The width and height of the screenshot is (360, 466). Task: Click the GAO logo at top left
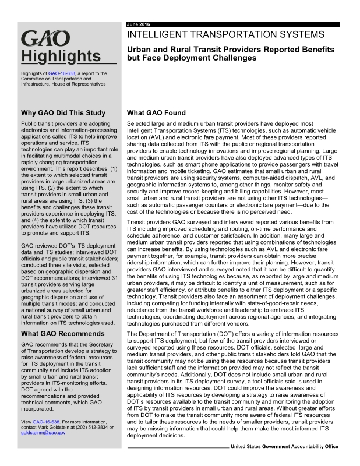tap(45, 41)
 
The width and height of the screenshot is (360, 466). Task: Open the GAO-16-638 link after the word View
tap(46, 421)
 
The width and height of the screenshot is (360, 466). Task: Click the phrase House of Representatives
tap(76, 84)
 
